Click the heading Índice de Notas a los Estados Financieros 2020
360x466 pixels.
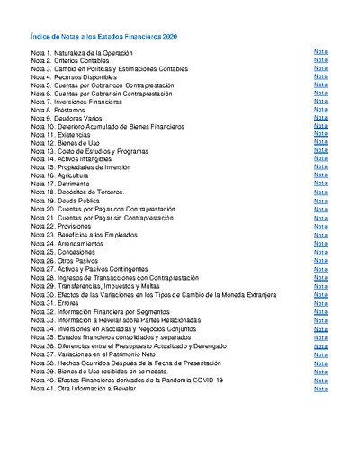104,36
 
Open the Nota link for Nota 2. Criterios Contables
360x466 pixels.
320,61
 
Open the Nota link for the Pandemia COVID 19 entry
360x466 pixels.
320,380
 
